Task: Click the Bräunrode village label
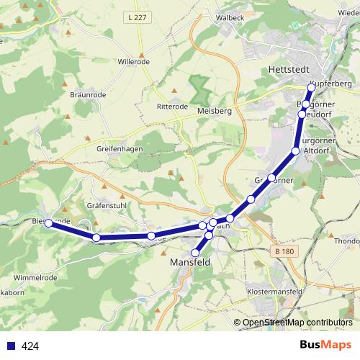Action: click(x=89, y=94)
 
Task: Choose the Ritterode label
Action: click(x=172, y=106)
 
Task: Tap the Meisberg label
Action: click(x=214, y=112)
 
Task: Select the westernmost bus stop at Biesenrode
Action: click(x=48, y=223)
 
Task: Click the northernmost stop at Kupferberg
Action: click(x=311, y=88)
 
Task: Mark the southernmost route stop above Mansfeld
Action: click(x=195, y=253)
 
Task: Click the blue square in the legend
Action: click(x=11, y=346)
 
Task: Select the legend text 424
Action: click(x=30, y=346)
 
